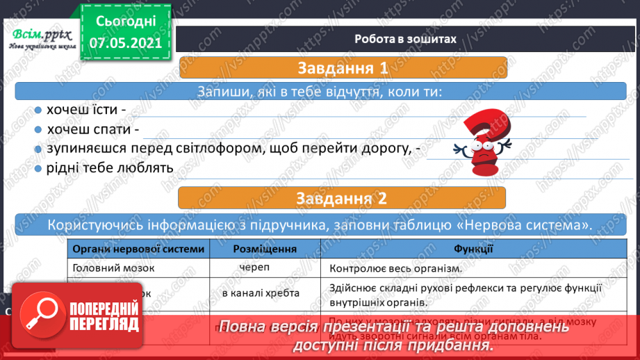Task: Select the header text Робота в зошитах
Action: (x=405, y=39)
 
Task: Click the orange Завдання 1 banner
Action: (x=343, y=69)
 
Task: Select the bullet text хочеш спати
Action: (x=93, y=129)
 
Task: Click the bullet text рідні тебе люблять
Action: (x=110, y=167)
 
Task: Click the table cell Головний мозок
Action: (x=113, y=268)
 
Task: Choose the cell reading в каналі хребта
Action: (x=261, y=293)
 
